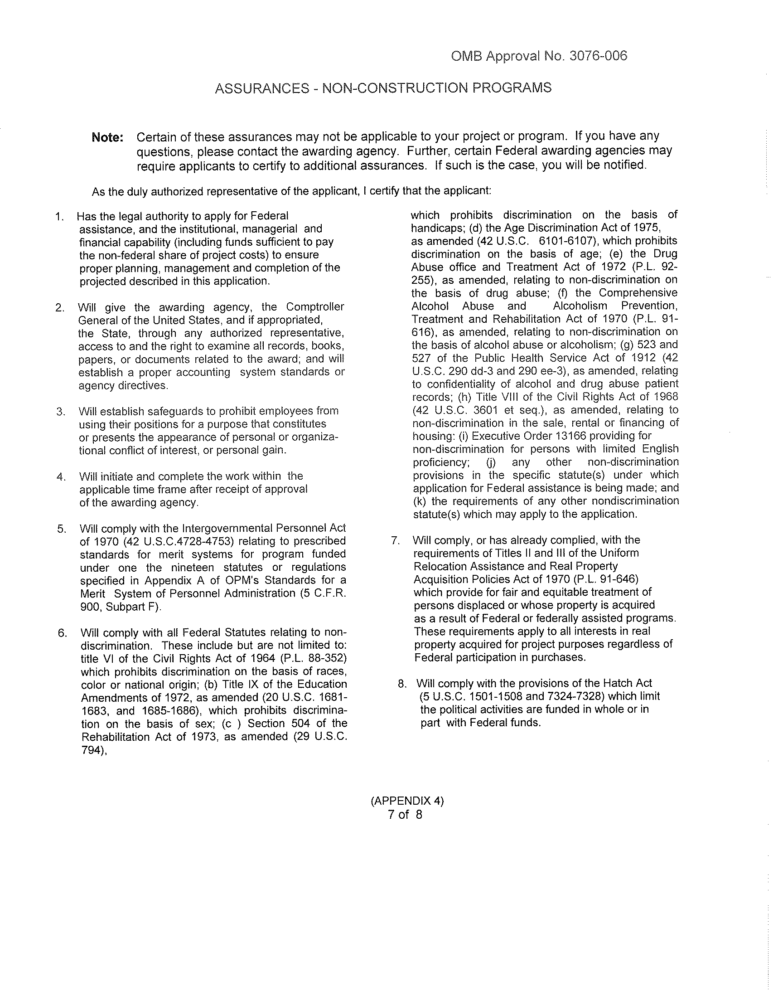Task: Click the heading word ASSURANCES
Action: pyautogui.click(x=262, y=88)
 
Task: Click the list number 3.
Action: pyautogui.click(x=60, y=411)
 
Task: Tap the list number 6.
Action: pyautogui.click(x=63, y=633)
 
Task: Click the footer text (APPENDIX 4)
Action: pyautogui.click(x=407, y=801)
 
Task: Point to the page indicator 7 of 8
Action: pyautogui.click(x=405, y=814)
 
